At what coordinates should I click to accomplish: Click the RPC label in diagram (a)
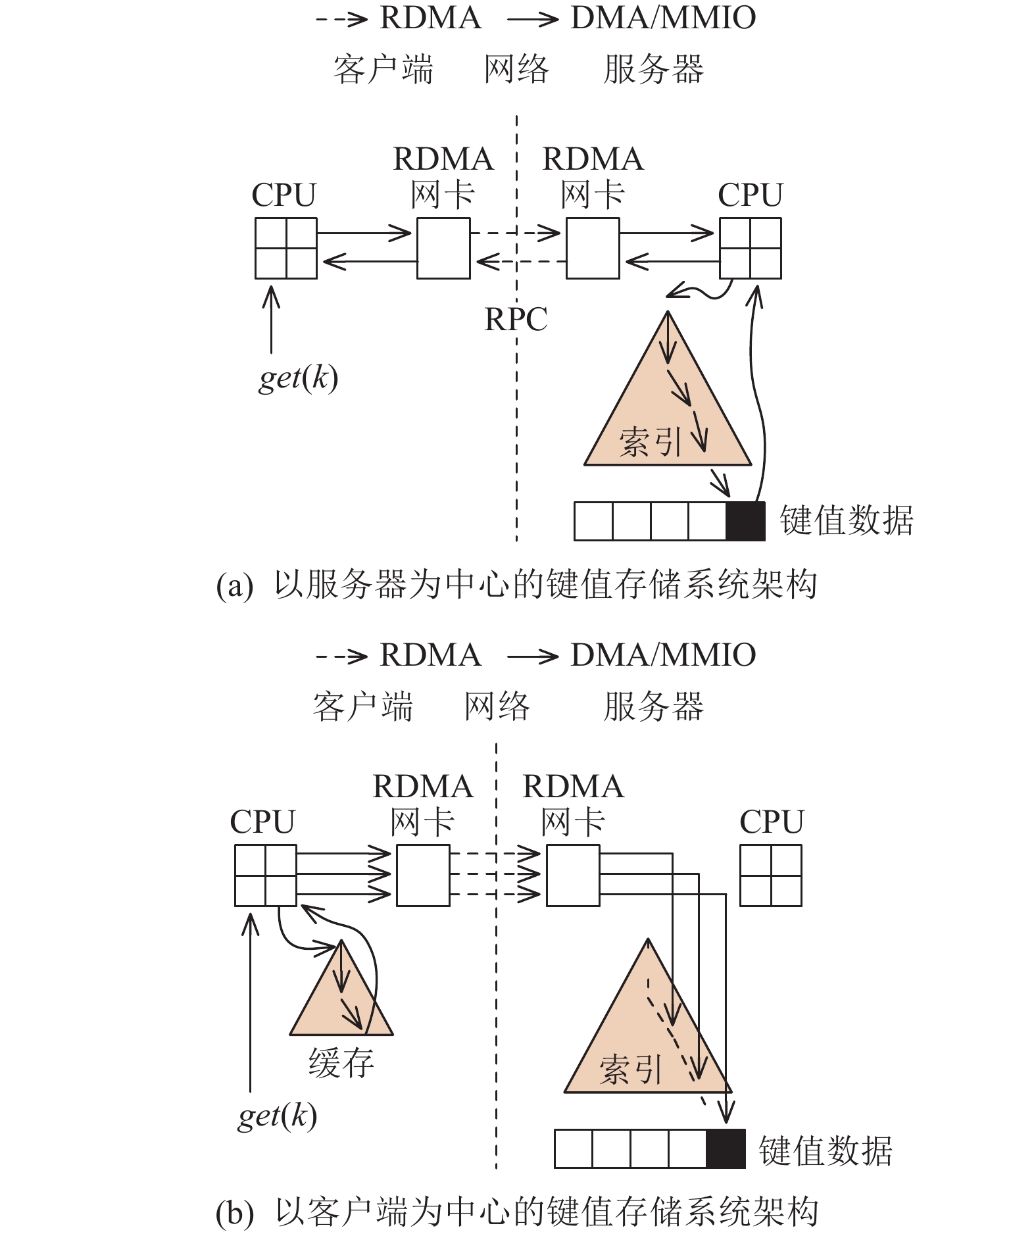pos(516,320)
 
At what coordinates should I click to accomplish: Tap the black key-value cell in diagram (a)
pos(745,521)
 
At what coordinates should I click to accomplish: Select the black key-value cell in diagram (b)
pos(726,1148)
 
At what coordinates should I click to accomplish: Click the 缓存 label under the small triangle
pos(341,1062)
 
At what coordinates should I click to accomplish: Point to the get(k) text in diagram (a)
pos(298,378)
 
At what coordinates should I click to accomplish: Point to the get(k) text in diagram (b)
pos(277,1116)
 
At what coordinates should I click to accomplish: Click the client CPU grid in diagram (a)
pos(286,249)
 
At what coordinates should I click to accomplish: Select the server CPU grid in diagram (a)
pos(751,249)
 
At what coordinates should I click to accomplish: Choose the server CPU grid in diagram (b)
pos(770,876)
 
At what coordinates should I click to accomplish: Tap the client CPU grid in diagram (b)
pos(266,876)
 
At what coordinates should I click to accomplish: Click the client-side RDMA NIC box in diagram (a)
pos(444,249)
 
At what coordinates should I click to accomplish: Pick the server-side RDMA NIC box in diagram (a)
pos(593,249)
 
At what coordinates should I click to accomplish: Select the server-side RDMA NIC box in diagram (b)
pos(573,876)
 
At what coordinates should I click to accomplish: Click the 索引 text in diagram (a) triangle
pos(650,441)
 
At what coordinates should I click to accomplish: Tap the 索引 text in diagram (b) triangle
pos(629,1070)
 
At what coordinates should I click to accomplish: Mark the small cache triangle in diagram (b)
pos(341,1000)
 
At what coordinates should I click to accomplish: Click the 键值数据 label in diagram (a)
pos(847,520)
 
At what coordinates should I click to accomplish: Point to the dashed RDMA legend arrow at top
pos(341,18)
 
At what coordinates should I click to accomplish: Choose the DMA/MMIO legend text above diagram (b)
pos(663,655)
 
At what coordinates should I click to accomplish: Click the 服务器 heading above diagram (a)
pos(653,69)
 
